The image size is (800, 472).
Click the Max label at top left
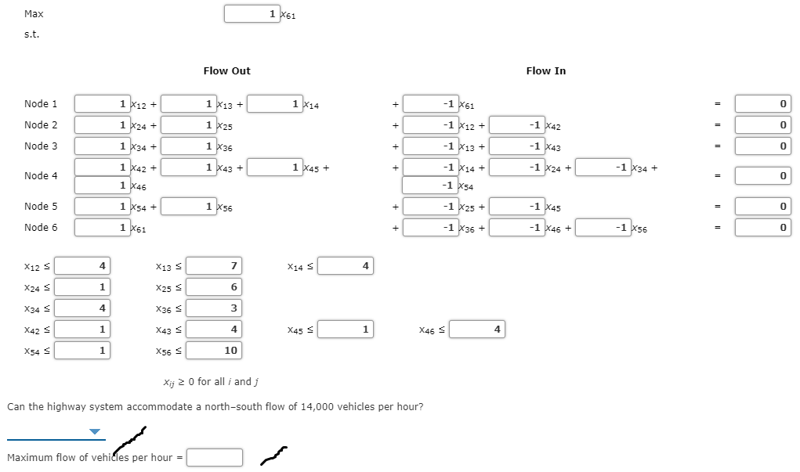pos(34,14)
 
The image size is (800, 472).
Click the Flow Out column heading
pos(226,71)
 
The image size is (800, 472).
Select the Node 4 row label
pos(41,176)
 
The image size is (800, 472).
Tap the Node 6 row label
pos(41,228)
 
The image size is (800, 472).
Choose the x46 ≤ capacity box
pos(477,329)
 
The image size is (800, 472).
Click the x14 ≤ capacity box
pos(346,266)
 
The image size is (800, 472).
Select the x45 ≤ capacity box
pos(346,329)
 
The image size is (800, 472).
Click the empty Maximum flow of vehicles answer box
pos(214,457)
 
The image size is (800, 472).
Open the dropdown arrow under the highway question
pos(95,431)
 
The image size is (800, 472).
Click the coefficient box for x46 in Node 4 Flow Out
pos(103,186)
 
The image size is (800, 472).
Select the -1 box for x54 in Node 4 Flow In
pos(429,186)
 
